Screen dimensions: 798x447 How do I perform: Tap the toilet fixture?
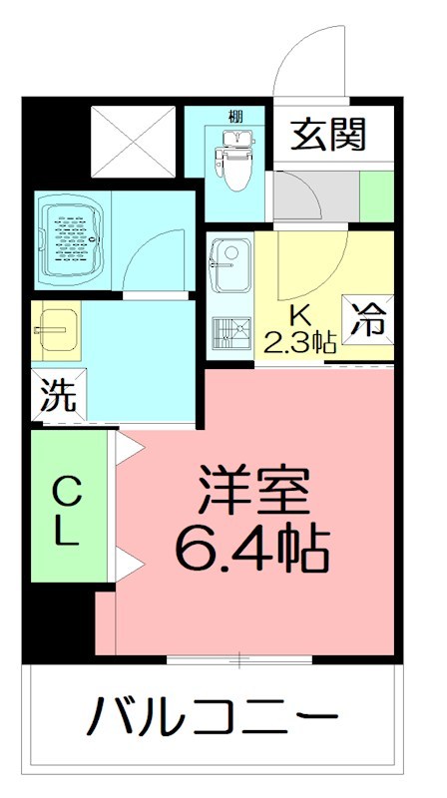pyautogui.click(x=230, y=157)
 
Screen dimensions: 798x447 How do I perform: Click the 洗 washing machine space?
pyautogui.click(x=57, y=396)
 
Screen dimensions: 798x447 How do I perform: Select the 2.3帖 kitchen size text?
pyautogui.click(x=298, y=344)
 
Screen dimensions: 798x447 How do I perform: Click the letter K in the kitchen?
pyautogui.click(x=297, y=316)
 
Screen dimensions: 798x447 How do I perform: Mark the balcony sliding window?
pyautogui.click(x=239, y=659)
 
